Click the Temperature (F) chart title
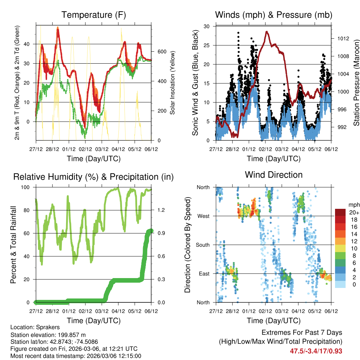click(94, 15)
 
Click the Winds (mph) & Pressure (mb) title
click(274, 15)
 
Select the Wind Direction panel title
click(274, 174)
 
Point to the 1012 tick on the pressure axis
click(341, 38)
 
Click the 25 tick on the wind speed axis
click(207, 45)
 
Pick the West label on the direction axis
click(203, 216)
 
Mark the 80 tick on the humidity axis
click(29, 210)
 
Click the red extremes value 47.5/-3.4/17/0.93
click(316, 351)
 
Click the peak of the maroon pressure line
click(267, 32)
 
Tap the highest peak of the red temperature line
click(58, 28)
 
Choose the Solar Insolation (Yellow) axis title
click(172, 82)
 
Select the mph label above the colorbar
click(354, 205)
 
